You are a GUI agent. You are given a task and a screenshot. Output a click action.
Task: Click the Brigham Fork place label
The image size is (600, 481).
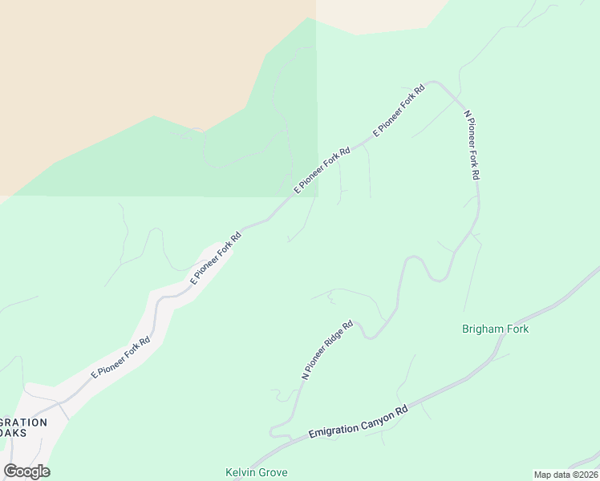tap(495, 329)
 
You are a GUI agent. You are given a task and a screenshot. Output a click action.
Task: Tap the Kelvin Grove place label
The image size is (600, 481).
tap(256, 472)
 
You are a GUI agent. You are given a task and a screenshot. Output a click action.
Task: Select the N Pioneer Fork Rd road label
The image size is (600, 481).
tap(472, 145)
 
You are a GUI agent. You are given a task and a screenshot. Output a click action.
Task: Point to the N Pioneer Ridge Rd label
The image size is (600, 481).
tap(327, 350)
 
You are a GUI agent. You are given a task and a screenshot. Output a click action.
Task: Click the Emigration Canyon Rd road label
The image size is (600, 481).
tap(359, 423)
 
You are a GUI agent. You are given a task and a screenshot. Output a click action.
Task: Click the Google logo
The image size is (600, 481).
tap(26, 471)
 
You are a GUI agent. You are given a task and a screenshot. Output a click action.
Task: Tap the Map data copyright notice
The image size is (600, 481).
tap(566, 475)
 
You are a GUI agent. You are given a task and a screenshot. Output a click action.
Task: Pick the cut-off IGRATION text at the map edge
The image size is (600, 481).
tap(24, 422)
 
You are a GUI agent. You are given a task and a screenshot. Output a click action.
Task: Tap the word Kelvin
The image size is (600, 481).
tap(240, 472)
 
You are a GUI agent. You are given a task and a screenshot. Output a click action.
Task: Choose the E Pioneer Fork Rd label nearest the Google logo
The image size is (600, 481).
tap(121, 357)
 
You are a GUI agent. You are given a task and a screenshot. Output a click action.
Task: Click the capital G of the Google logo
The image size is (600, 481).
tap(11, 471)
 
